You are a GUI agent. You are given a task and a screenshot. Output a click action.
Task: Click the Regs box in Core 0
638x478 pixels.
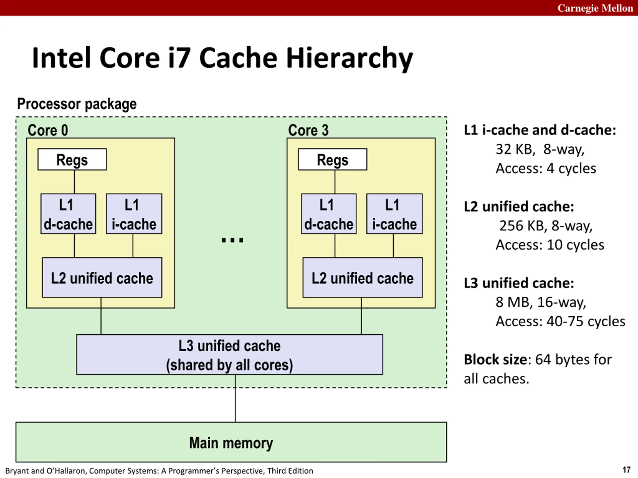point(72,159)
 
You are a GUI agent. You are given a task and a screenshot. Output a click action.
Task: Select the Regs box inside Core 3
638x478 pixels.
point(332,159)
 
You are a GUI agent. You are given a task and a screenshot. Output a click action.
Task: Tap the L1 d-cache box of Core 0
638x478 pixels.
point(68,214)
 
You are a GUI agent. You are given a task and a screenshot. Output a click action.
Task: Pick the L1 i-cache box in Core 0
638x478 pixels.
point(134,214)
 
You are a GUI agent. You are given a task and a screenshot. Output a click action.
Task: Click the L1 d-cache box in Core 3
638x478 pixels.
point(329,214)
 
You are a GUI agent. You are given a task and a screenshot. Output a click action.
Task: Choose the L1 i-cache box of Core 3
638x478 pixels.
point(395,214)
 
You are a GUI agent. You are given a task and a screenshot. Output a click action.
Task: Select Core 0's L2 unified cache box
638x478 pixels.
point(102,278)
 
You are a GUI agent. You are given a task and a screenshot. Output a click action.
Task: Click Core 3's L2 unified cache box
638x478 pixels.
point(363,278)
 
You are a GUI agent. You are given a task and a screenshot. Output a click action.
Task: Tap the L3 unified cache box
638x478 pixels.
point(230,355)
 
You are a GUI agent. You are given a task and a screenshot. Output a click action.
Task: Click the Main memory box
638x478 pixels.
point(231,442)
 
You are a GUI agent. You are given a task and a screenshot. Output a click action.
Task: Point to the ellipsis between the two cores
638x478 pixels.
point(233,240)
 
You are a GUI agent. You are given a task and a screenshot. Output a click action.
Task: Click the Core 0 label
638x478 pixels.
point(48,130)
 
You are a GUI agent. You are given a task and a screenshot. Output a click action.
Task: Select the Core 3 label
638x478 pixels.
point(308,130)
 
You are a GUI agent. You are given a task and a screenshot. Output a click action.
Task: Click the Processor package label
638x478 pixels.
point(77,104)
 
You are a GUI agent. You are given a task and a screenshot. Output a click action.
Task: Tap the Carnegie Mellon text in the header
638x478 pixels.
point(595,8)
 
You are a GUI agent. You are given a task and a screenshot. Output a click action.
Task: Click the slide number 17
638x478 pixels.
point(627,470)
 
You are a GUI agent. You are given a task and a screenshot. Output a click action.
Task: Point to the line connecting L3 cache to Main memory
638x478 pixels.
point(235,398)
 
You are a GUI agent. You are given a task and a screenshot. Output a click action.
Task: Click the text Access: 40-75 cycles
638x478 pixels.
point(560,321)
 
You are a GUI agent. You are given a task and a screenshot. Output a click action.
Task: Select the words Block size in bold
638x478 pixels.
point(496,359)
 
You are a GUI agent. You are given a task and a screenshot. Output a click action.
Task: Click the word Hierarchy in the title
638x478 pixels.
point(349,59)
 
